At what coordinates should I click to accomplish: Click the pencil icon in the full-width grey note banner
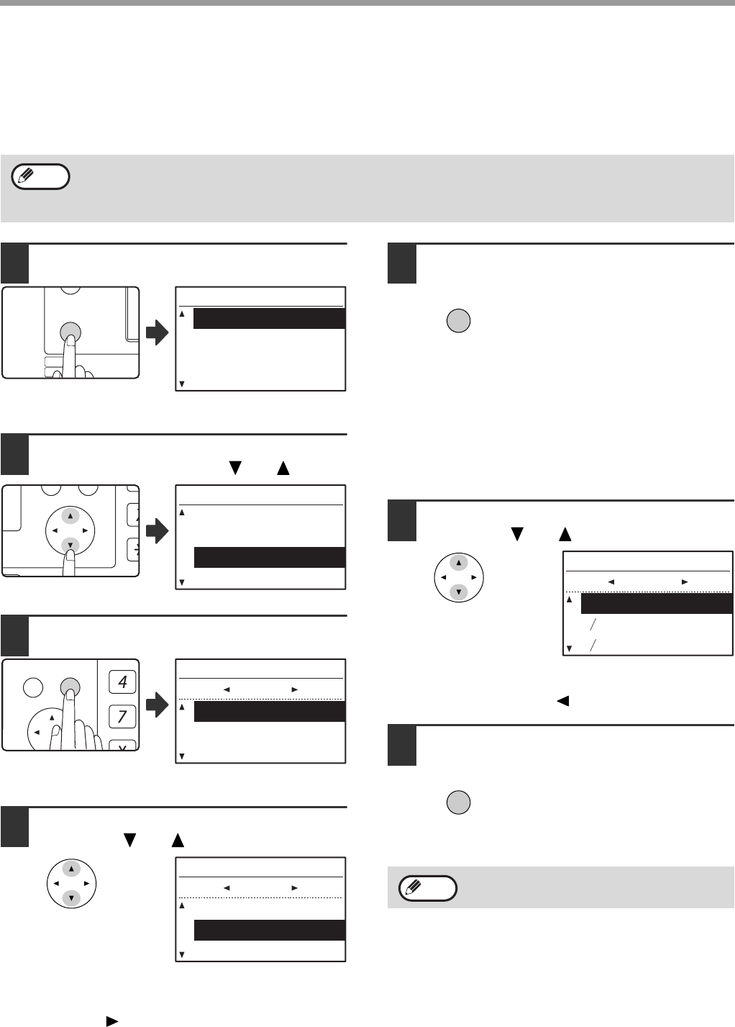[26, 176]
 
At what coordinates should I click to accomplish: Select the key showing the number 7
[122, 716]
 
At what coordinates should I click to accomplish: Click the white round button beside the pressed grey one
[33, 687]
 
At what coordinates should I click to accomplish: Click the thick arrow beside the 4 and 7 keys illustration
[157, 705]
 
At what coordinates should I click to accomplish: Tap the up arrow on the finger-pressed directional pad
[70, 516]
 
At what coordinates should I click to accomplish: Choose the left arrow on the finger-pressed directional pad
[55, 531]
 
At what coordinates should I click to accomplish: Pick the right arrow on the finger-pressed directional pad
[86, 531]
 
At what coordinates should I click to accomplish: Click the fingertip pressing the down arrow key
[69, 556]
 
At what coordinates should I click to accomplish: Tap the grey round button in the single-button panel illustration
[70, 331]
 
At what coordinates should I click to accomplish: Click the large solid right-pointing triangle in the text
[112, 1021]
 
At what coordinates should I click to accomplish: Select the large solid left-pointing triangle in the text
[562, 701]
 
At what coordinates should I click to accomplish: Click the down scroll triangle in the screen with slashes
[569, 648]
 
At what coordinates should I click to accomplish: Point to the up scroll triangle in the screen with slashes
[569, 600]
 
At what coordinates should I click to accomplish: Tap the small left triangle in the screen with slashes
[611, 582]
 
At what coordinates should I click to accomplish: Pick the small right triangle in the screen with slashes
[685, 582]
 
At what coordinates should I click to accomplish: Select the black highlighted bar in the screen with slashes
[657, 603]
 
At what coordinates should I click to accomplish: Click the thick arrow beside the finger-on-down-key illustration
[157, 531]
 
